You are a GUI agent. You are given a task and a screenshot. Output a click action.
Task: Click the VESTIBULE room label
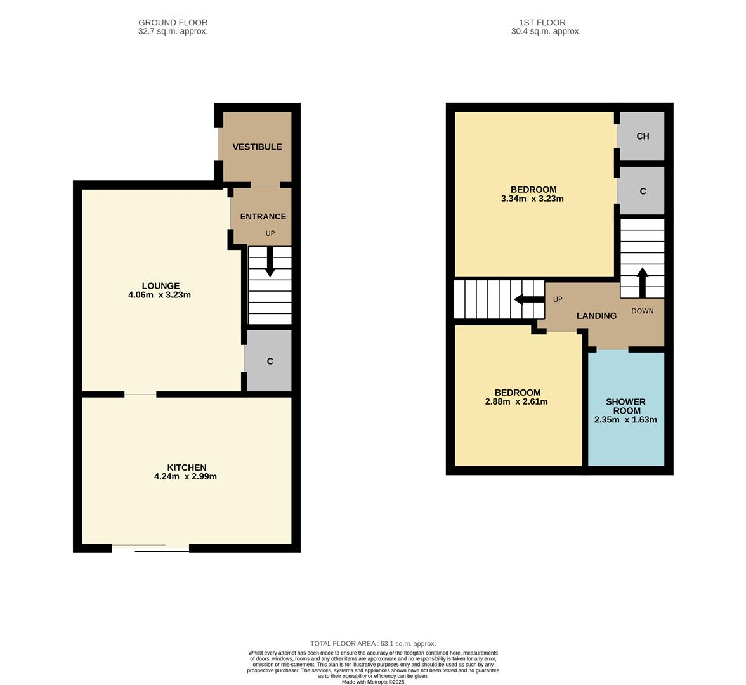pos(257,147)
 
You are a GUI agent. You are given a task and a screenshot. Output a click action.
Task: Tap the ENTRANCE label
pos(263,216)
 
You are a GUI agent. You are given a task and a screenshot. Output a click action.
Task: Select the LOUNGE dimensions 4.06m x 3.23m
pos(159,295)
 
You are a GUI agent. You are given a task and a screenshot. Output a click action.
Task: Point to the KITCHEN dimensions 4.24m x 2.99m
pos(185,477)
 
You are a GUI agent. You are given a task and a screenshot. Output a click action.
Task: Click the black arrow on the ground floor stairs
pos(270,261)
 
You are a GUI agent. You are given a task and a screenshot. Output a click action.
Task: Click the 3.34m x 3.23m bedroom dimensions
pos(532,199)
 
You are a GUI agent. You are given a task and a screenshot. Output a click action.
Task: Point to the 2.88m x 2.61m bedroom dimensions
pos(516,402)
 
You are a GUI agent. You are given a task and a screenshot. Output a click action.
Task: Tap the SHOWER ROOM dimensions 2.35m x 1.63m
pos(625,420)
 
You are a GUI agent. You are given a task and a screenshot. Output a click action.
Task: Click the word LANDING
pos(596,316)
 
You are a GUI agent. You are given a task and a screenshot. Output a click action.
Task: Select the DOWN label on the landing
pos(642,311)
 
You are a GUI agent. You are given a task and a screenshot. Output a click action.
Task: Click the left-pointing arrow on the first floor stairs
pos(530,299)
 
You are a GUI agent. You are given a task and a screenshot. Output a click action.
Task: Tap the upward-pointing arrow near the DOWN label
pos(642,283)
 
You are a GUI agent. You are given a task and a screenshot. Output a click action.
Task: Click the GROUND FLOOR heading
pos(173,22)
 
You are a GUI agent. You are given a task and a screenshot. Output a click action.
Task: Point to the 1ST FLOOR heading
pos(542,22)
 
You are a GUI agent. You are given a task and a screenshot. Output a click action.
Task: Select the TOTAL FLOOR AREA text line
pos(373,644)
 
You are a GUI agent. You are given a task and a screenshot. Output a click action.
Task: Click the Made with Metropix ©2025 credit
pos(373,682)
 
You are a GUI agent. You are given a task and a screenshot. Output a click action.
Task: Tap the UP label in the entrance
pos(270,233)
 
